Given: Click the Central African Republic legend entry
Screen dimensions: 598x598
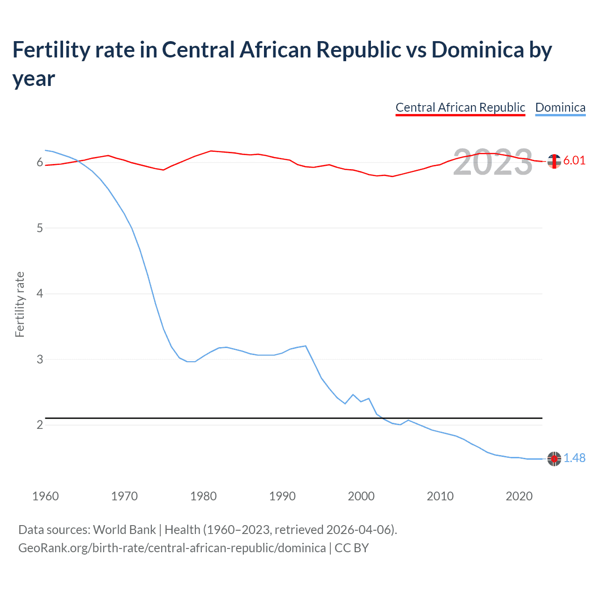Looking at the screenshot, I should pyautogui.click(x=460, y=107).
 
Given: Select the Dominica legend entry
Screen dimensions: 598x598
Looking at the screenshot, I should pyautogui.click(x=560, y=107).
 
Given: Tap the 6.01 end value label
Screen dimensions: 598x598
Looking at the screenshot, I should pyautogui.click(x=574, y=160).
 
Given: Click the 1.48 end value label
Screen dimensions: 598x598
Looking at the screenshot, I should pyautogui.click(x=574, y=458).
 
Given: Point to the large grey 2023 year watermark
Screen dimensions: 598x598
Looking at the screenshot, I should pyautogui.click(x=493, y=162).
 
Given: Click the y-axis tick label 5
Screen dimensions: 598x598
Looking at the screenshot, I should pyautogui.click(x=40, y=228).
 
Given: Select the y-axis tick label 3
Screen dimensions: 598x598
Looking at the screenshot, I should pyautogui.click(x=40, y=359).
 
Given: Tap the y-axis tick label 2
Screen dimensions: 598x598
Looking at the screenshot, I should pyautogui.click(x=40, y=425).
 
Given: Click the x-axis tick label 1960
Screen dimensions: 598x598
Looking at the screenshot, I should pyautogui.click(x=45, y=496).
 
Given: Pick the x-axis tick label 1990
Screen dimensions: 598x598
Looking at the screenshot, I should pyautogui.click(x=282, y=496).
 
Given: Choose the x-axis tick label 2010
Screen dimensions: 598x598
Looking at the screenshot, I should pyautogui.click(x=440, y=496).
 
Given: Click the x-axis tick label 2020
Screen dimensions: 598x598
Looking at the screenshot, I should pyautogui.click(x=519, y=496).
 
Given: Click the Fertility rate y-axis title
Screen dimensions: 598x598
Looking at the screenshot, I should pyautogui.click(x=20, y=304).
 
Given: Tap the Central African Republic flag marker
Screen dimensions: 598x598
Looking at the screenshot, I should pyautogui.click(x=554, y=161).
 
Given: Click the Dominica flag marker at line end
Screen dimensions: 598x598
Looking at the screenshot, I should pyautogui.click(x=554, y=459).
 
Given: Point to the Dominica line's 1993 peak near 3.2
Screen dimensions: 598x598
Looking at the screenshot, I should pyautogui.click(x=306, y=346).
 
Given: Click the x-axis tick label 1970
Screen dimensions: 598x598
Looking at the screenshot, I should pyautogui.click(x=124, y=496).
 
